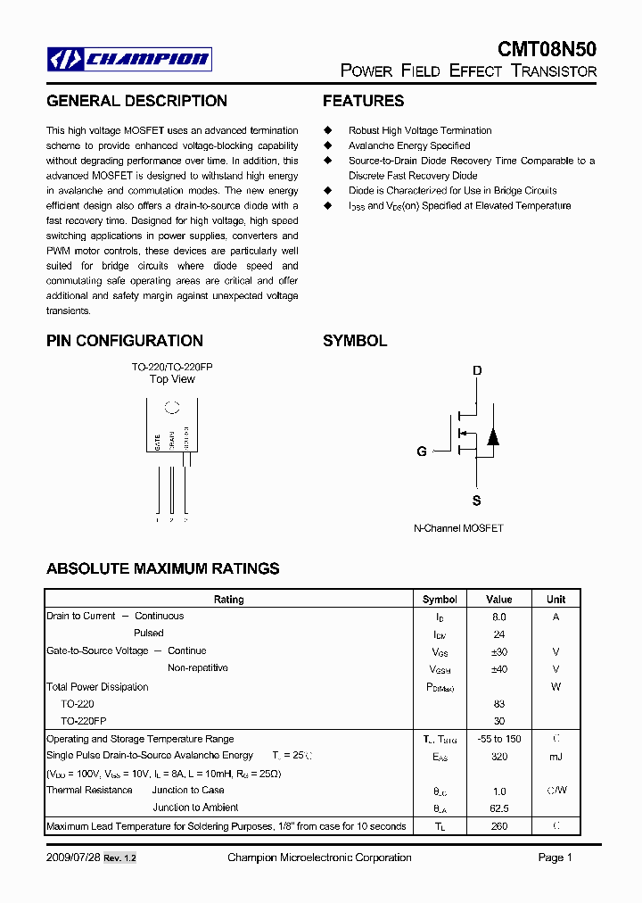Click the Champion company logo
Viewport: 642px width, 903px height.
tap(129, 60)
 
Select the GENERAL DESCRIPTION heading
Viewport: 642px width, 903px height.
tap(136, 101)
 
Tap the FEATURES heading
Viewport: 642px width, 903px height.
tap(363, 101)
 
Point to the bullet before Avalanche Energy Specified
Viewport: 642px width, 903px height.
tap(327, 145)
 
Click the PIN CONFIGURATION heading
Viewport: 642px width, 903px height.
tap(124, 341)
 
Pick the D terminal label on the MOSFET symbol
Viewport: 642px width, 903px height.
tap(477, 370)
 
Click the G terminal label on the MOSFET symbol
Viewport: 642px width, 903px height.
tap(422, 451)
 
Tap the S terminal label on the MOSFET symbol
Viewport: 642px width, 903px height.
tap(477, 500)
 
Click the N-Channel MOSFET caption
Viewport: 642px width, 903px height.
tap(458, 528)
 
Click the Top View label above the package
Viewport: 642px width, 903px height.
tap(172, 379)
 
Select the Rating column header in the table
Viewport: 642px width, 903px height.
tap(229, 600)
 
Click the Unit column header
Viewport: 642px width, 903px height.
tap(556, 600)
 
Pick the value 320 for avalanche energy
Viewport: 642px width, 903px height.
tap(499, 757)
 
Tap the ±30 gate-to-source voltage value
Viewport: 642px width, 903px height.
tap(499, 651)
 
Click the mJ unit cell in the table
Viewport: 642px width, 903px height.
tap(556, 757)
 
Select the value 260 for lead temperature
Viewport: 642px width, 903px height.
tap(499, 826)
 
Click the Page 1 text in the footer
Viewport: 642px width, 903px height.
tap(555, 857)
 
